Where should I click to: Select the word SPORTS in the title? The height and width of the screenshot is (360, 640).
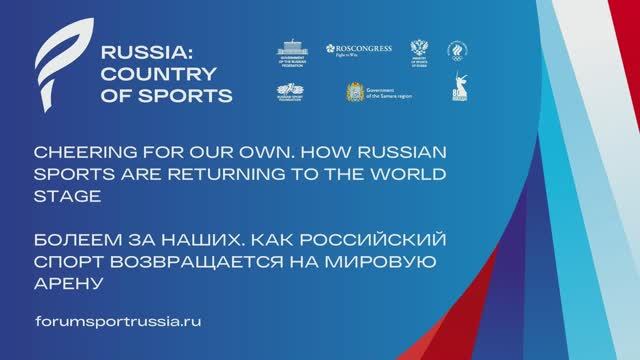(191, 96)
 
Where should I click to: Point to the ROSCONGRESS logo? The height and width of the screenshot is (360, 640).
(356, 49)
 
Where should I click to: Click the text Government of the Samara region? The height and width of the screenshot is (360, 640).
(396, 94)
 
